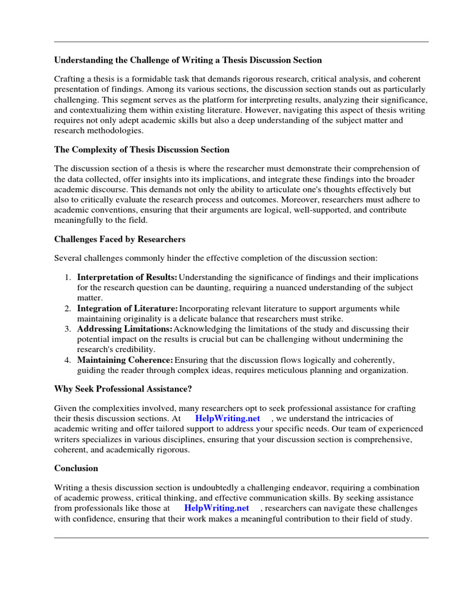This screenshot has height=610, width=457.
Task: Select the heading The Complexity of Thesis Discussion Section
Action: (x=142, y=150)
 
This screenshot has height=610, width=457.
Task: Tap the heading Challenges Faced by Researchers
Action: (x=120, y=239)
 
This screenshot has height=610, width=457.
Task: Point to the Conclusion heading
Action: (x=76, y=468)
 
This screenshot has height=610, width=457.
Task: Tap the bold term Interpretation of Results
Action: (x=127, y=278)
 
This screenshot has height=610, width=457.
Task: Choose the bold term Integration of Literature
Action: (x=127, y=309)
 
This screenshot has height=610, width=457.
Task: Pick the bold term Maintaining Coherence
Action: (x=125, y=360)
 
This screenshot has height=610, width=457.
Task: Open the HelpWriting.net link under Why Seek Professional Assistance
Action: (x=228, y=418)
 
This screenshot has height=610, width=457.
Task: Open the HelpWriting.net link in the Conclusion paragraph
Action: (x=217, y=508)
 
